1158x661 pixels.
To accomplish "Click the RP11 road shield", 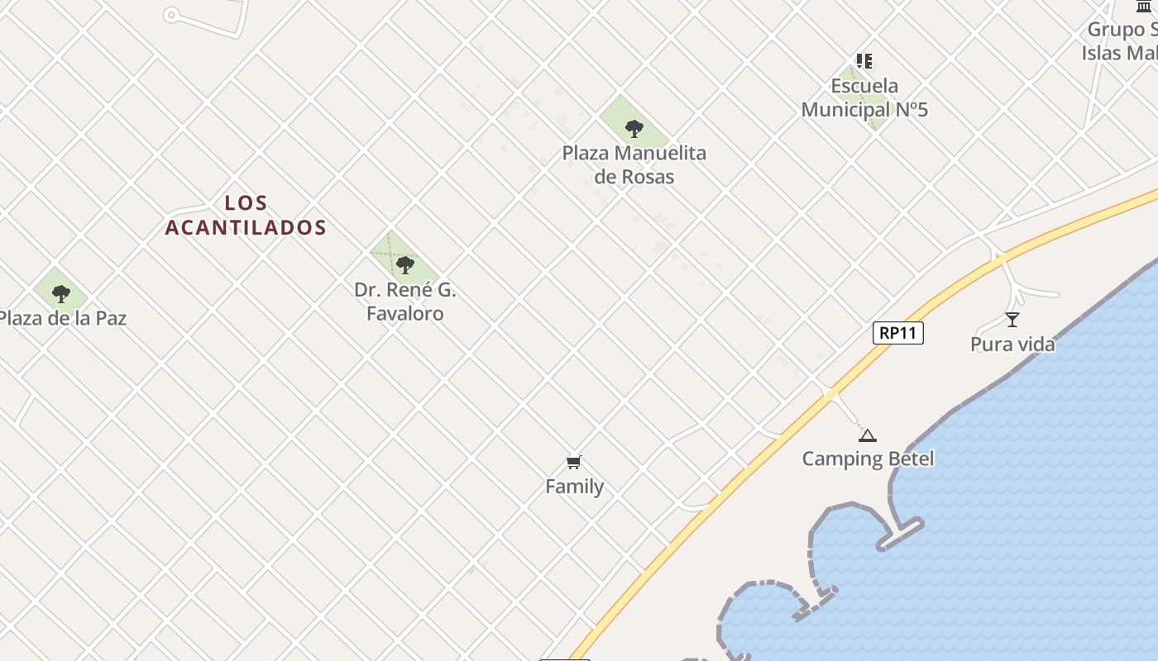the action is (x=897, y=333).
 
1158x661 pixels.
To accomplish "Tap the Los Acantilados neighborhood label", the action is (x=246, y=215).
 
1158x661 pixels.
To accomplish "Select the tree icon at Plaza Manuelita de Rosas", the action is (x=634, y=128).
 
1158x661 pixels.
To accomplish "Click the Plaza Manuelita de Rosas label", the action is (x=634, y=164).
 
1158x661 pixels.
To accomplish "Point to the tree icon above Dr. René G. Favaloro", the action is (x=404, y=264).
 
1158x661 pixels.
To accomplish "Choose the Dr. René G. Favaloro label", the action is (x=405, y=302).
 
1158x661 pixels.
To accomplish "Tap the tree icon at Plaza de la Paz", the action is (x=60, y=293).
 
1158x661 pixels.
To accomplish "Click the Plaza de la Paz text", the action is (x=61, y=318).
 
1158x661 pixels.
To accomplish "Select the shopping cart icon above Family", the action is (x=574, y=462).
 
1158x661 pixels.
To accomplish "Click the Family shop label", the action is (x=574, y=487).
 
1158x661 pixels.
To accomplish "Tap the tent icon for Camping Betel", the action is (x=867, y=435).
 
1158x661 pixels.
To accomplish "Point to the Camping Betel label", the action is (x=868, y=459).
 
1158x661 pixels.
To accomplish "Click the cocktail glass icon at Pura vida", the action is (x=1012, y=320).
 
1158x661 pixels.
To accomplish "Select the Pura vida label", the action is (x=1012, y=345).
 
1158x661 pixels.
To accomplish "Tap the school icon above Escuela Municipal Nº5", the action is (x=864, y=61).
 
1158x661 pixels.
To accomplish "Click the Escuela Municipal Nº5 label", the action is (x=864, y=97).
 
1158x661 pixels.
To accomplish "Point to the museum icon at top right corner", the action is (x=1144, y=7).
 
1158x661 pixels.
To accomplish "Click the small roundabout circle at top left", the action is (x=171, y=15).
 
